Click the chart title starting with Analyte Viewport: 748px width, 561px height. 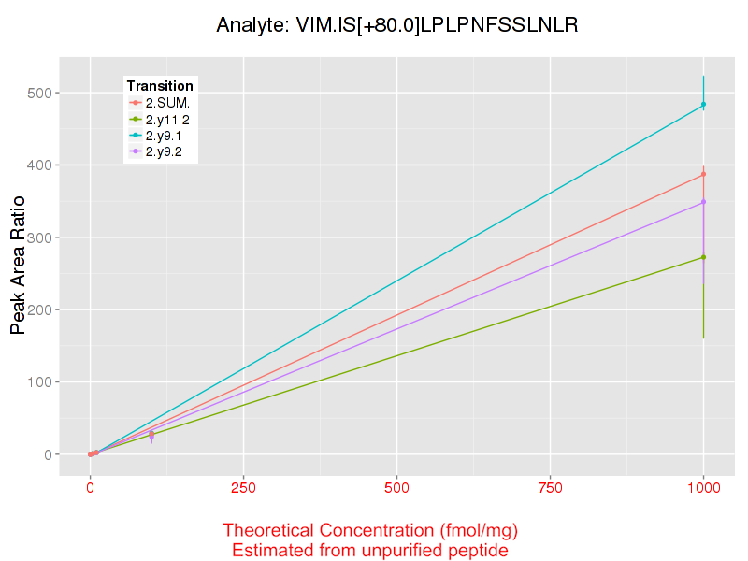pos(397,25)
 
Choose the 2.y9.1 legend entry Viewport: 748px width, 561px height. pos(168,136)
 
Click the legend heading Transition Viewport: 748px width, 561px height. pos(160,85)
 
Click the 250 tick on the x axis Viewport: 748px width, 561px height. pos(243,486)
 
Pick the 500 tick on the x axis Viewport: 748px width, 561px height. pos(396,486)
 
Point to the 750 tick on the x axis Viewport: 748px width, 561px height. pos(550,486)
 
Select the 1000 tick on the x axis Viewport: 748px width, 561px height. pos(703,486)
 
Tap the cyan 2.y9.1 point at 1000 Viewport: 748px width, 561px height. pos(703,105)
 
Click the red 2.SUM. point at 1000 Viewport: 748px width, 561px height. pos(703,174)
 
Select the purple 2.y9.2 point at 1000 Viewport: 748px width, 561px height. pos(703,202)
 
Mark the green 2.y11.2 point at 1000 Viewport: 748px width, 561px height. pos(703,257)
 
